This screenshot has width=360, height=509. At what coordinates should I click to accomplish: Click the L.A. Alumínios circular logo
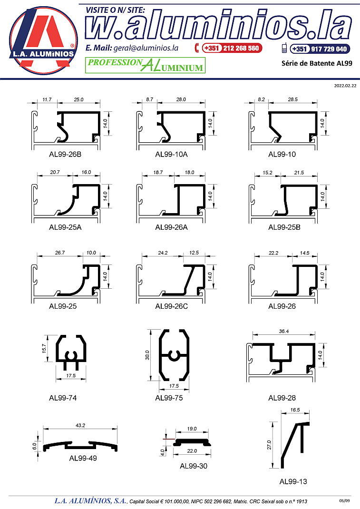(x=43, y=40)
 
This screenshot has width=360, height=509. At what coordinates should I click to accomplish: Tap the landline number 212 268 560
(x=241, y=49)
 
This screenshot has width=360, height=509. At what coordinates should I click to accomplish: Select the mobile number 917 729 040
(x=329, y=49)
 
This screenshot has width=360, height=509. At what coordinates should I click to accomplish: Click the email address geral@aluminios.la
(x=146, y=48)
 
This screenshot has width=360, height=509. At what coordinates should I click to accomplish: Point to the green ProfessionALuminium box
(x=145, y=65)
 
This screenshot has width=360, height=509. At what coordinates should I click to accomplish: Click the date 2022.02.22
(x=345, y=86)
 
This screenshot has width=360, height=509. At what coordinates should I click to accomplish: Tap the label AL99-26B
(x=65, y=154)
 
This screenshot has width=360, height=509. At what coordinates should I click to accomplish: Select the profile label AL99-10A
(x=171, y=154)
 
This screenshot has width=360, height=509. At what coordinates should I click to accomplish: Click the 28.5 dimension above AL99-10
(x=293, y=99)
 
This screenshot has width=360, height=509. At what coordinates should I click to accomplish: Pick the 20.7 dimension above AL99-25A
(x=55, y=172)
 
